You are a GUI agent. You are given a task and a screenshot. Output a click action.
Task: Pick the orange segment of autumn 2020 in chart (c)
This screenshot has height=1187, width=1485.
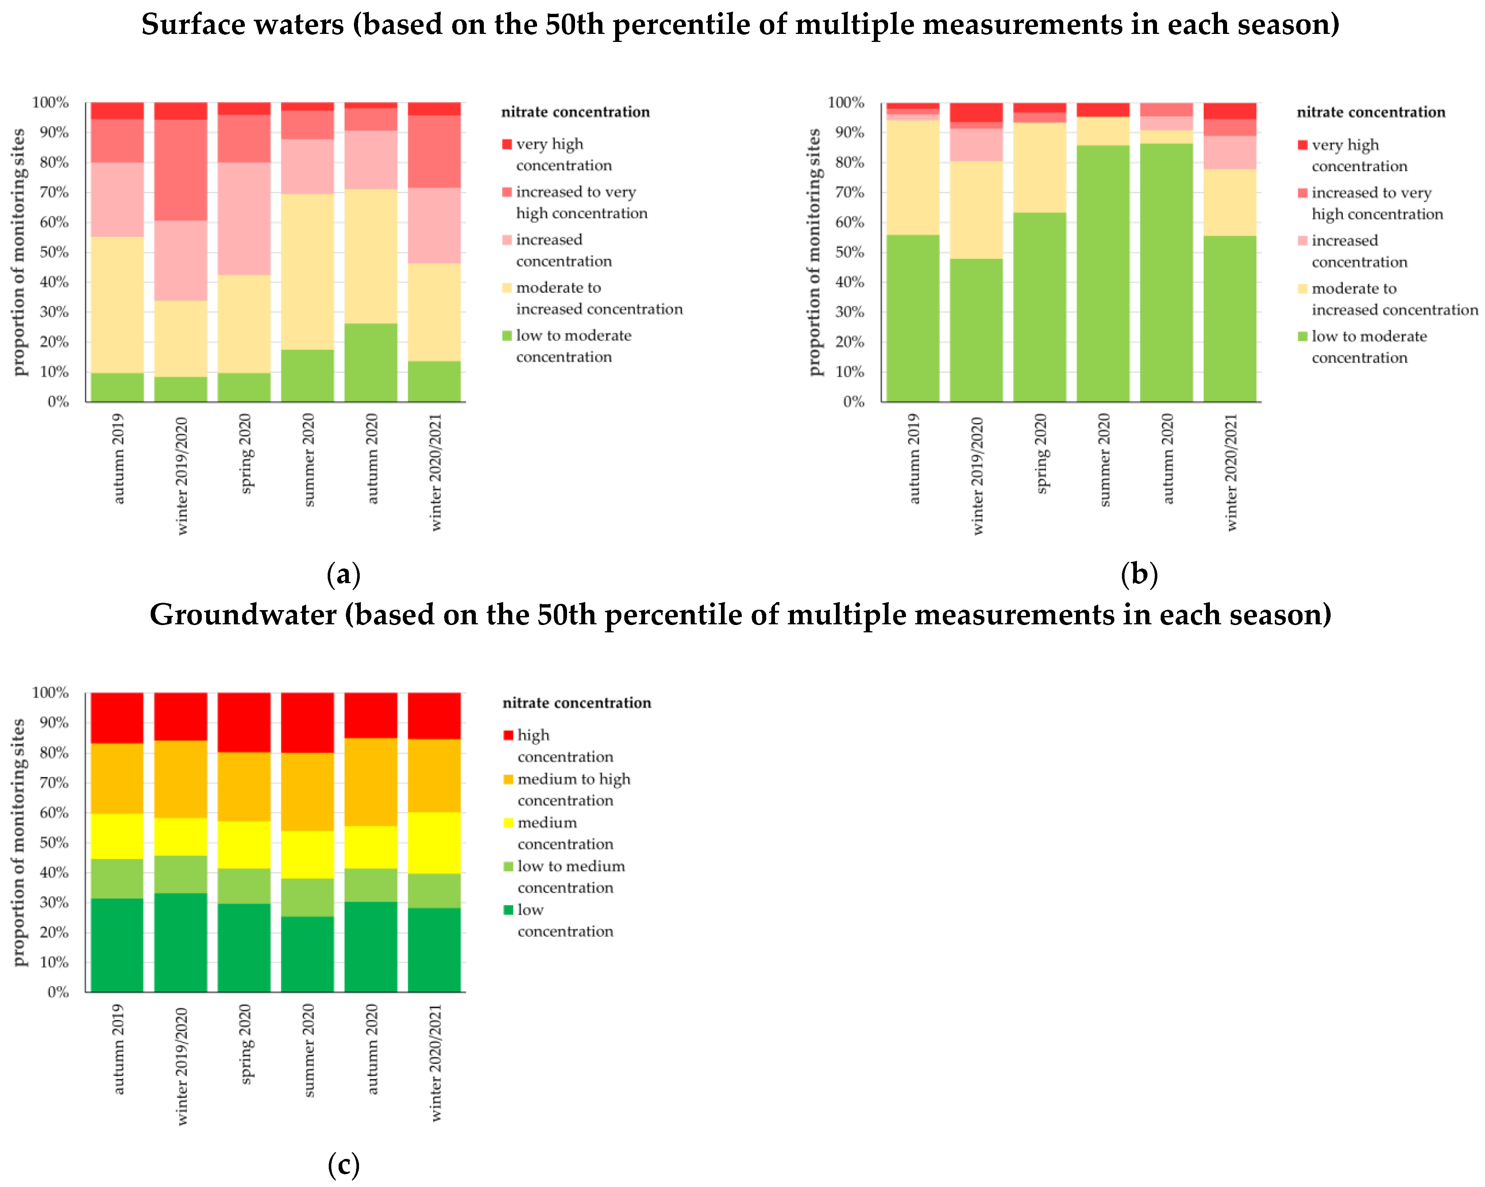click(371, 782)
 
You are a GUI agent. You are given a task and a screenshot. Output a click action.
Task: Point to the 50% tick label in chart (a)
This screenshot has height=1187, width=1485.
click(54, 252)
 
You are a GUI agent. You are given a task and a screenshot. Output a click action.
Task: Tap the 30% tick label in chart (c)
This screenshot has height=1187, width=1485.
click(54, 903)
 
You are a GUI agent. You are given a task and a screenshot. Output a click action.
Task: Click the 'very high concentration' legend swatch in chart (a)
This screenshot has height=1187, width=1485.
click(507, 144)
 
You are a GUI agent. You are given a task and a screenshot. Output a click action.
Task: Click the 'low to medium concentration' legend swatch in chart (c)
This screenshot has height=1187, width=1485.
click(508, 866)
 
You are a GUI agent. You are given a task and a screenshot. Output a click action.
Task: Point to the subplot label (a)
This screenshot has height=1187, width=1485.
click(343, 574)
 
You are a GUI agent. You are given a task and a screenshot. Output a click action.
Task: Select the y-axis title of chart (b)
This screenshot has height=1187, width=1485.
click(815, 252)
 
